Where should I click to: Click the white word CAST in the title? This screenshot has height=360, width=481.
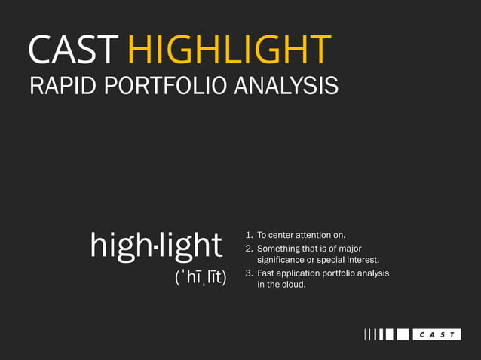click(x=73, y=50)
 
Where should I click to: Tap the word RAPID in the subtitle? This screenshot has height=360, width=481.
click(x=58, y=86)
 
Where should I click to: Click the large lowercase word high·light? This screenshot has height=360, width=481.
click(x=156, y=245)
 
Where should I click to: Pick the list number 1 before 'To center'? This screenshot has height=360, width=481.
click(x=249, y=235)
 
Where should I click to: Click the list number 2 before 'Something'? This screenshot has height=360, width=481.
click(x=249, y=248)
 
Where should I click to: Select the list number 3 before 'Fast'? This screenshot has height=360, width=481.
click(x=249, y=273)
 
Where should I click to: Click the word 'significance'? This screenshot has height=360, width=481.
click(x=283, y=260)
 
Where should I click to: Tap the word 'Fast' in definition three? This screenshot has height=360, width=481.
click(x=266, y=273)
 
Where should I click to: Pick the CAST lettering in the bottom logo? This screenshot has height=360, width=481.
click(x=437, y=334)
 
